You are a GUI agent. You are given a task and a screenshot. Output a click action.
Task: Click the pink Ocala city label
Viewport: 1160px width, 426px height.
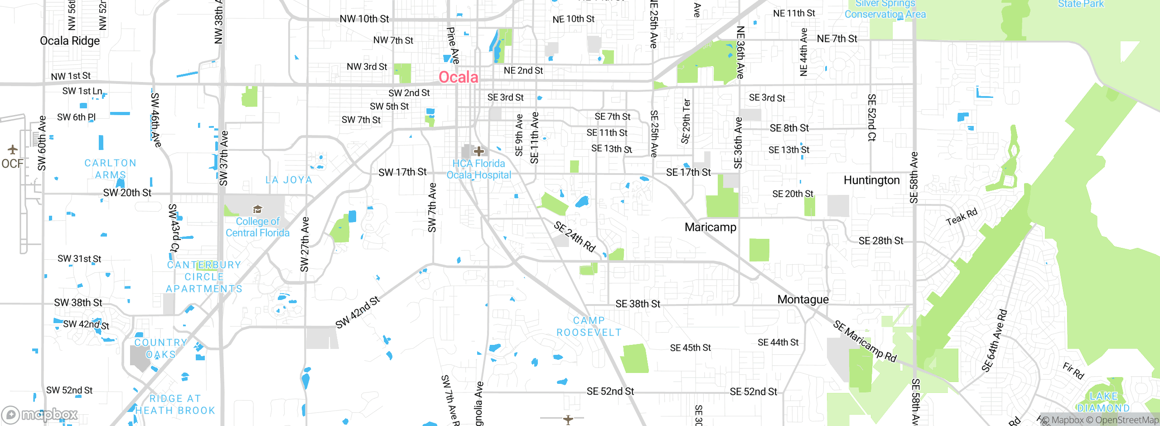pyautogui.click(x=458, y=77)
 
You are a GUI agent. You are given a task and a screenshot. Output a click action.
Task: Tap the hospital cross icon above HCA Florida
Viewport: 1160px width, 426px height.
pyautogui.click(x=479, y=151)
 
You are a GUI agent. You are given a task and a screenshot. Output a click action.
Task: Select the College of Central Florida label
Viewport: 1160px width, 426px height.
pyautogui.click(x=257, y=227)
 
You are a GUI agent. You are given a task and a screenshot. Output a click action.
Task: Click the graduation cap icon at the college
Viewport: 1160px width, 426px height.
pyautogui.click(x=257, y=209)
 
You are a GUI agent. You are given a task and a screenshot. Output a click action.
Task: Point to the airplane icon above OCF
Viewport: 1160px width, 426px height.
pyautogui.click(x=12, y=149)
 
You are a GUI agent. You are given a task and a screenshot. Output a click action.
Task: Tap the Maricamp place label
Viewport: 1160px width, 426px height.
pyautogui.click(x=710, y=227)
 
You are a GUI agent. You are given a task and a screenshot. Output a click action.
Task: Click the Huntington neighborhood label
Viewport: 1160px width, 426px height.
pyautogui.click(x=871, y=180)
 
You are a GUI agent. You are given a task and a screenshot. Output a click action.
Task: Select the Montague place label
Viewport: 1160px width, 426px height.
pyautogui.click(x=802, y=300)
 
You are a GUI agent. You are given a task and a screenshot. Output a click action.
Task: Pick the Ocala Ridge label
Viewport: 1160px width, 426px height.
pyautogui.click(x=70, y=41)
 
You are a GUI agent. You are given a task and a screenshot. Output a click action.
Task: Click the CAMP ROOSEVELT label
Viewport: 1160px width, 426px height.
pyautogui.click(x=589, y=326)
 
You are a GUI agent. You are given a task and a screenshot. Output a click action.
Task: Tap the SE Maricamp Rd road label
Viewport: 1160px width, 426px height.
pyautogui.click(x=865, y=341)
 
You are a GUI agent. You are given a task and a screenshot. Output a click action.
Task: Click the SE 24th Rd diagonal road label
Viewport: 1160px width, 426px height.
pyautogui.click(x=574, y=237)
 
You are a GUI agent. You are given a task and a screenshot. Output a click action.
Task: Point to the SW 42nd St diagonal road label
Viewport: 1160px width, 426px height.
pyautogui.click(x=357, y=312)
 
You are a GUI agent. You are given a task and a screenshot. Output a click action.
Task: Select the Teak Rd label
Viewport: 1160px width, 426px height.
pyautogui.click(x=962, y=217)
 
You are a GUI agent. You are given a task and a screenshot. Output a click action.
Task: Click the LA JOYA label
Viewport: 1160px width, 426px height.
pyautogui.click(x=289, y=180)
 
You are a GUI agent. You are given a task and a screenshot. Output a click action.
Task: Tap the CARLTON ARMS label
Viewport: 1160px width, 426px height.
pyautogui.click(x=110, y=169)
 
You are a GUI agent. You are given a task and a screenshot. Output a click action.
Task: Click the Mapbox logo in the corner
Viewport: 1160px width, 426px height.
pyautogui.click(x=40, y=414)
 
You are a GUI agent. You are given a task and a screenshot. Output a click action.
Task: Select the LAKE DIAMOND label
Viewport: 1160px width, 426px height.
pyautogui.click(x=1103, y=402)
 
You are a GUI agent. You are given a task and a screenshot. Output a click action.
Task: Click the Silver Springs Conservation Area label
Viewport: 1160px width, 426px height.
pyautogui.click(x=885, y=9)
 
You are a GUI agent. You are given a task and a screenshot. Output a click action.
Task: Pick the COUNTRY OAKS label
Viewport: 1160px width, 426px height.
pyautogui.click(x=160, y=349)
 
